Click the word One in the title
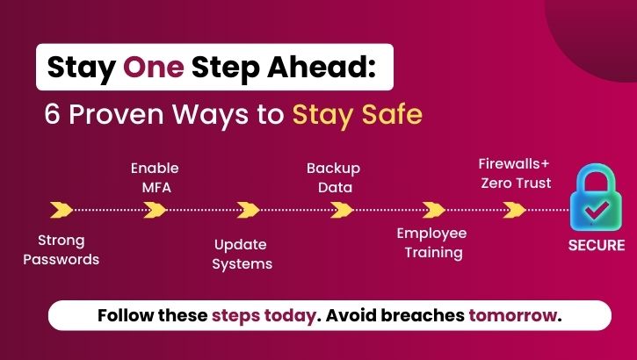pos(153,68)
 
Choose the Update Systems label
pos(242,254)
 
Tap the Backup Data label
pos(333,176)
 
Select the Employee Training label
pos(431,242)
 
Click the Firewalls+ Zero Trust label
pos(515,173)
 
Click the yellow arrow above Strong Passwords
pos(62,210)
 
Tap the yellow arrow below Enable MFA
pos(156,210)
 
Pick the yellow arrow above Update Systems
pos(249,210)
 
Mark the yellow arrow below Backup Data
pos(342,210)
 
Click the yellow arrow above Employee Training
pos(434,210)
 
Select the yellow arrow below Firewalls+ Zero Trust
pos(515,210)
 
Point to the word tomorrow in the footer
pos(514,315)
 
